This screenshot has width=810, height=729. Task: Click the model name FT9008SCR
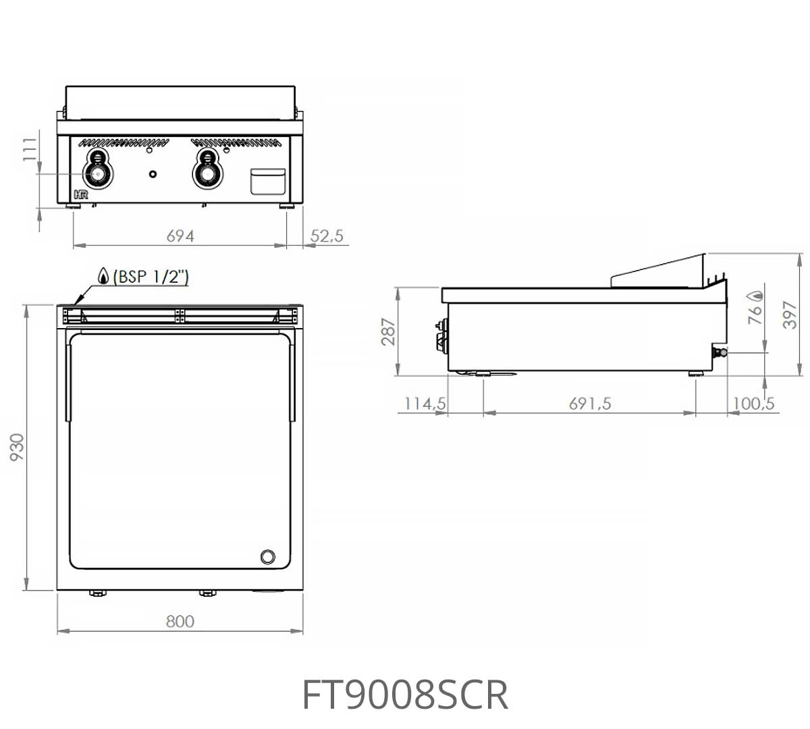404,695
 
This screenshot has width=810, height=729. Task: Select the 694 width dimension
180,236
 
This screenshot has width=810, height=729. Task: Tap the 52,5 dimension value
327,236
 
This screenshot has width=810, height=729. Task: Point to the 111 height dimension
30,149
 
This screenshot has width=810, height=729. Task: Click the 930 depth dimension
17,447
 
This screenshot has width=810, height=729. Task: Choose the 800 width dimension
180,621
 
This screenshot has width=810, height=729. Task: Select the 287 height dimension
388,332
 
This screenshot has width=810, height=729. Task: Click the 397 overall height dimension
790,315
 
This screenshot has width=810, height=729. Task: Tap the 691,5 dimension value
590,404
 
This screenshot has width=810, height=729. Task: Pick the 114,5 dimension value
425,404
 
